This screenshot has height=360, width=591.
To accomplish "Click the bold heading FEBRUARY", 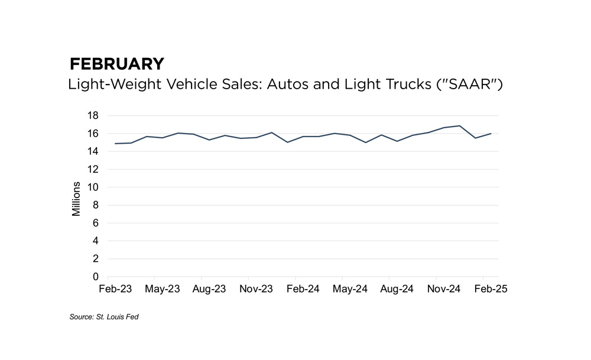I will pos(116,64).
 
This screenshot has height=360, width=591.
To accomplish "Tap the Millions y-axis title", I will pos(76,195).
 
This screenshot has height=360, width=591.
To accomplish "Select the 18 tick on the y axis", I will pos(93,115).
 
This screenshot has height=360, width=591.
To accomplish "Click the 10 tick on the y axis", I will pos(93,187).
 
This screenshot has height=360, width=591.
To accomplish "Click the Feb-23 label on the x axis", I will pos(116,289).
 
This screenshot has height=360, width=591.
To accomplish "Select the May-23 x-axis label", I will pos(163,289).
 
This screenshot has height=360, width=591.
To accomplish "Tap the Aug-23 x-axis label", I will pos(209,289).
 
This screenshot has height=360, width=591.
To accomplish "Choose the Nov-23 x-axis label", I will pos(256,289).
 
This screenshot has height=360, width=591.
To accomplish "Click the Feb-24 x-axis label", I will pos(303,289).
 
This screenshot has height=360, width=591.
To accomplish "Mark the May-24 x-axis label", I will pos(350,289).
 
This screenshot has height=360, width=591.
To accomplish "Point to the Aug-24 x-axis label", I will pos(397,289).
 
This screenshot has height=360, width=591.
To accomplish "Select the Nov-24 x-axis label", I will pos(444,289).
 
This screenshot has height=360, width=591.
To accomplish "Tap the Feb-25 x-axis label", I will pos(491,289).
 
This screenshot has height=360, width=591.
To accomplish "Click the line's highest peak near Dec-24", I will pos(460,126).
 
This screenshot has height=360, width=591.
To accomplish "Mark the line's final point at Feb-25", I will pos(491,134).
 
